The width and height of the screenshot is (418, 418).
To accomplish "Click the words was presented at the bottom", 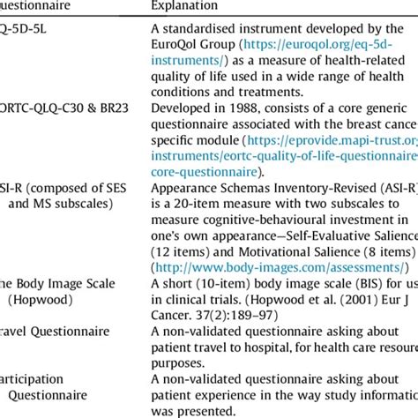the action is pyautogui.click(x=198, y=411).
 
